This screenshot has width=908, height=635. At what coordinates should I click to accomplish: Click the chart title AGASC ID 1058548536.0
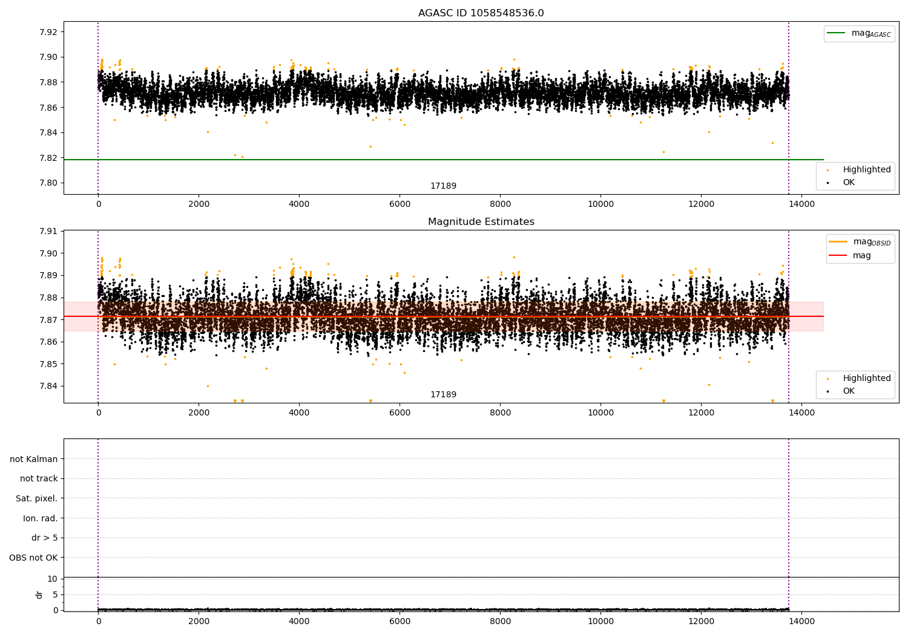[x=481, y=13]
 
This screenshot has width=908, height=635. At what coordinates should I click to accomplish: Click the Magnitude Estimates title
[x=481, y=222]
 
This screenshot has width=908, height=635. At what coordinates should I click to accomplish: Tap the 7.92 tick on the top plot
[x=48, y=32]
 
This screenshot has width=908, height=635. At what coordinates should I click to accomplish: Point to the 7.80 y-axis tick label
[x=48, y=183]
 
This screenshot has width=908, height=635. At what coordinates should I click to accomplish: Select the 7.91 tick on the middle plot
[x=48, y=231]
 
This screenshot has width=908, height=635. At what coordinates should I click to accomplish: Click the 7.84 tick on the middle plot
[x=48, y=386]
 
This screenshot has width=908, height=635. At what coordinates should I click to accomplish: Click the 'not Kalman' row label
[x=34, y=459]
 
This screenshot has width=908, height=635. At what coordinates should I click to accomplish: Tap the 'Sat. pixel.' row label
[x=36, y=498]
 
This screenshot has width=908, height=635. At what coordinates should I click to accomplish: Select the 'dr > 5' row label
[x=44, y=538]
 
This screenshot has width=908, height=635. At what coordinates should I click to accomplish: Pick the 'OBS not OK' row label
[x=33, y=558]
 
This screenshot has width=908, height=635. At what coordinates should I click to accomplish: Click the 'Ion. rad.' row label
[x=40, y=518]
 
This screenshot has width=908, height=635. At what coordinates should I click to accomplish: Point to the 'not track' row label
[x=39, y=478]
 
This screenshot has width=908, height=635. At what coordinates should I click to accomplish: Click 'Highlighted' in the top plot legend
[x=866, y=170]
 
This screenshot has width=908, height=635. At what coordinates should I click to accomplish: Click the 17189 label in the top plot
[x=443, y=186]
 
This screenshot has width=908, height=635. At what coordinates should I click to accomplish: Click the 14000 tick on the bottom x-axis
[x=801, y=621]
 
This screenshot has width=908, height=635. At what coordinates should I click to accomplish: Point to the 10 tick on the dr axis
[x=53, y=579]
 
